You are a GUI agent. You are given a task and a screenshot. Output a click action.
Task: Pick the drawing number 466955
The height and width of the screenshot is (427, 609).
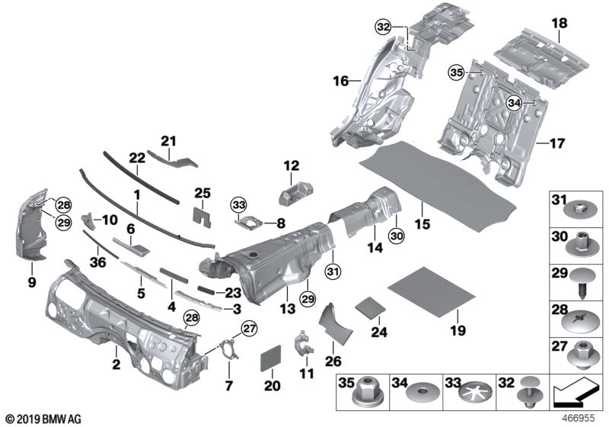click(x=579, y=419)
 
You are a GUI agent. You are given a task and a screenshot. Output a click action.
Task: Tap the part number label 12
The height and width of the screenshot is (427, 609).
click(x=292, y=165)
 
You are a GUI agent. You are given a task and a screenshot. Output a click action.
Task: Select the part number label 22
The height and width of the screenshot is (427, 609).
click(x=136, y=157)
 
